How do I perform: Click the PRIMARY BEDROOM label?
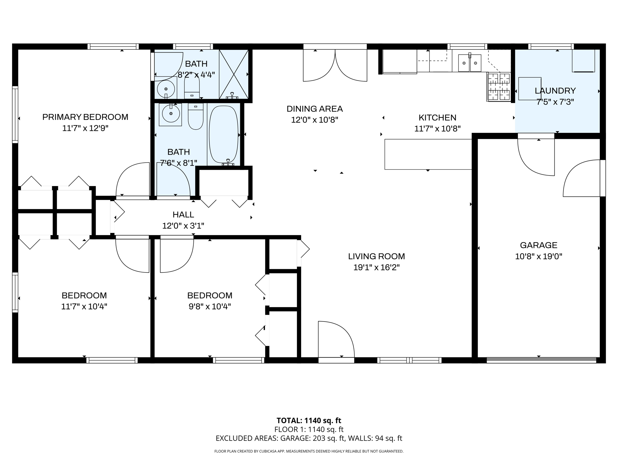[x=85, y=117]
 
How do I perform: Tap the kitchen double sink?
[x=470, y=63]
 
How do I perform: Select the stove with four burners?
[x=499, y=87]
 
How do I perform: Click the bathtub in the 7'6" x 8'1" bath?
[x=223, y=134]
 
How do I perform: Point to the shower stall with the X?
[x=234, y=74]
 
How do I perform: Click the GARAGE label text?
[x=538, y=245]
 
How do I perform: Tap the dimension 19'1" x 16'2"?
[x=376, y=268]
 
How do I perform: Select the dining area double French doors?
[x=335, y=65]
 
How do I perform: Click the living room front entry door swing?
[x=336, y=340]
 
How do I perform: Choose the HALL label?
[x=183, y=215]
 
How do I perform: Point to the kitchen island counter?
[x=428, y=154]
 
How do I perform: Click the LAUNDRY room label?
[x=555, y=91]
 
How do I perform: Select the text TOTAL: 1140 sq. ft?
[x=309, y=420]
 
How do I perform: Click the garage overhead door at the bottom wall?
[x=541, y=360]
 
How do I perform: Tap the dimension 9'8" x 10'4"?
[x=210, y=307]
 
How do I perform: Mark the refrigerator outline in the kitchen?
[x=400, y=62]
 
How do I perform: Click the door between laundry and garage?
[x=536, y=157]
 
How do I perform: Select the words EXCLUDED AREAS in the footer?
[x=247, y=438]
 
